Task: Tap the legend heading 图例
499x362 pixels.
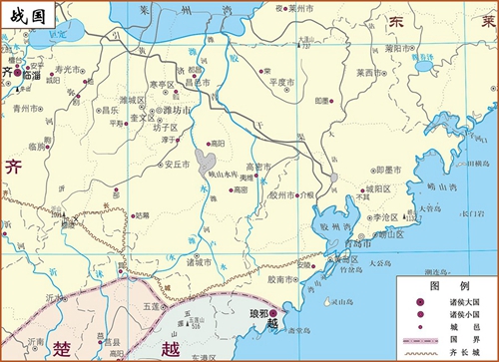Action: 443,283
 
